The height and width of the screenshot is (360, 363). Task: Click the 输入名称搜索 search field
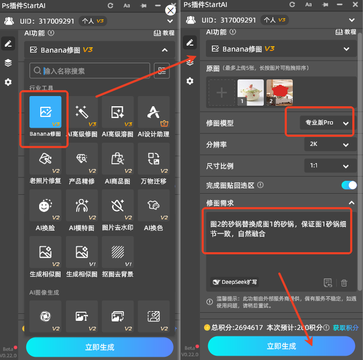click(90, 71)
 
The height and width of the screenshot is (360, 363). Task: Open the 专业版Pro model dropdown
click(327, 123)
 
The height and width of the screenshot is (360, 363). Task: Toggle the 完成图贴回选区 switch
click(349, 185)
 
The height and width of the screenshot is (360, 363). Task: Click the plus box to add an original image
click(221, 92)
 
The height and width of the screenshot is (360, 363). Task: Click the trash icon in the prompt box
click(344, 283)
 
